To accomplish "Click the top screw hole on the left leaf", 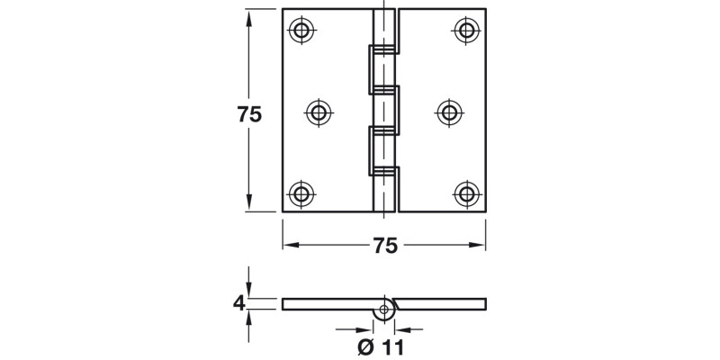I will point(302,31).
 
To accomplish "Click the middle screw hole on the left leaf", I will point(318,112).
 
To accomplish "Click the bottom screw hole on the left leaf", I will point(302,193).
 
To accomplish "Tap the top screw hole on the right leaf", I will point(465,31).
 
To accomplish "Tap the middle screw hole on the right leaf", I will point(450,112).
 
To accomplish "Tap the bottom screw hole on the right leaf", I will point(465,193).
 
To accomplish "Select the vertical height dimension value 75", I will point(248,114).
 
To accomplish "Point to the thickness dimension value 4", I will point(238,303).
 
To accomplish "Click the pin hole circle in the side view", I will point(385,310).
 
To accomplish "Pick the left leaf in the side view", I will point(328,303).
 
